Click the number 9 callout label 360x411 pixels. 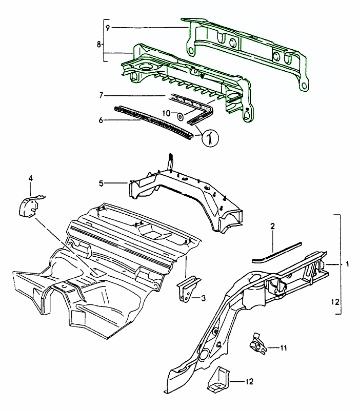pos(108,27)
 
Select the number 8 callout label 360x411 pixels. pos(99,45)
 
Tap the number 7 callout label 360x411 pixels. pos(102,95)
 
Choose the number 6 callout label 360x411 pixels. pos(102,120)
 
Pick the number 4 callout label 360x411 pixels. pos(30,178)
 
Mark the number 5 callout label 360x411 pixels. pos(102,183)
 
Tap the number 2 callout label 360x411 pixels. pos(273,226)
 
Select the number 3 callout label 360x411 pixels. pos(204,298)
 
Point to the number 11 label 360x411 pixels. pos(284,348)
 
